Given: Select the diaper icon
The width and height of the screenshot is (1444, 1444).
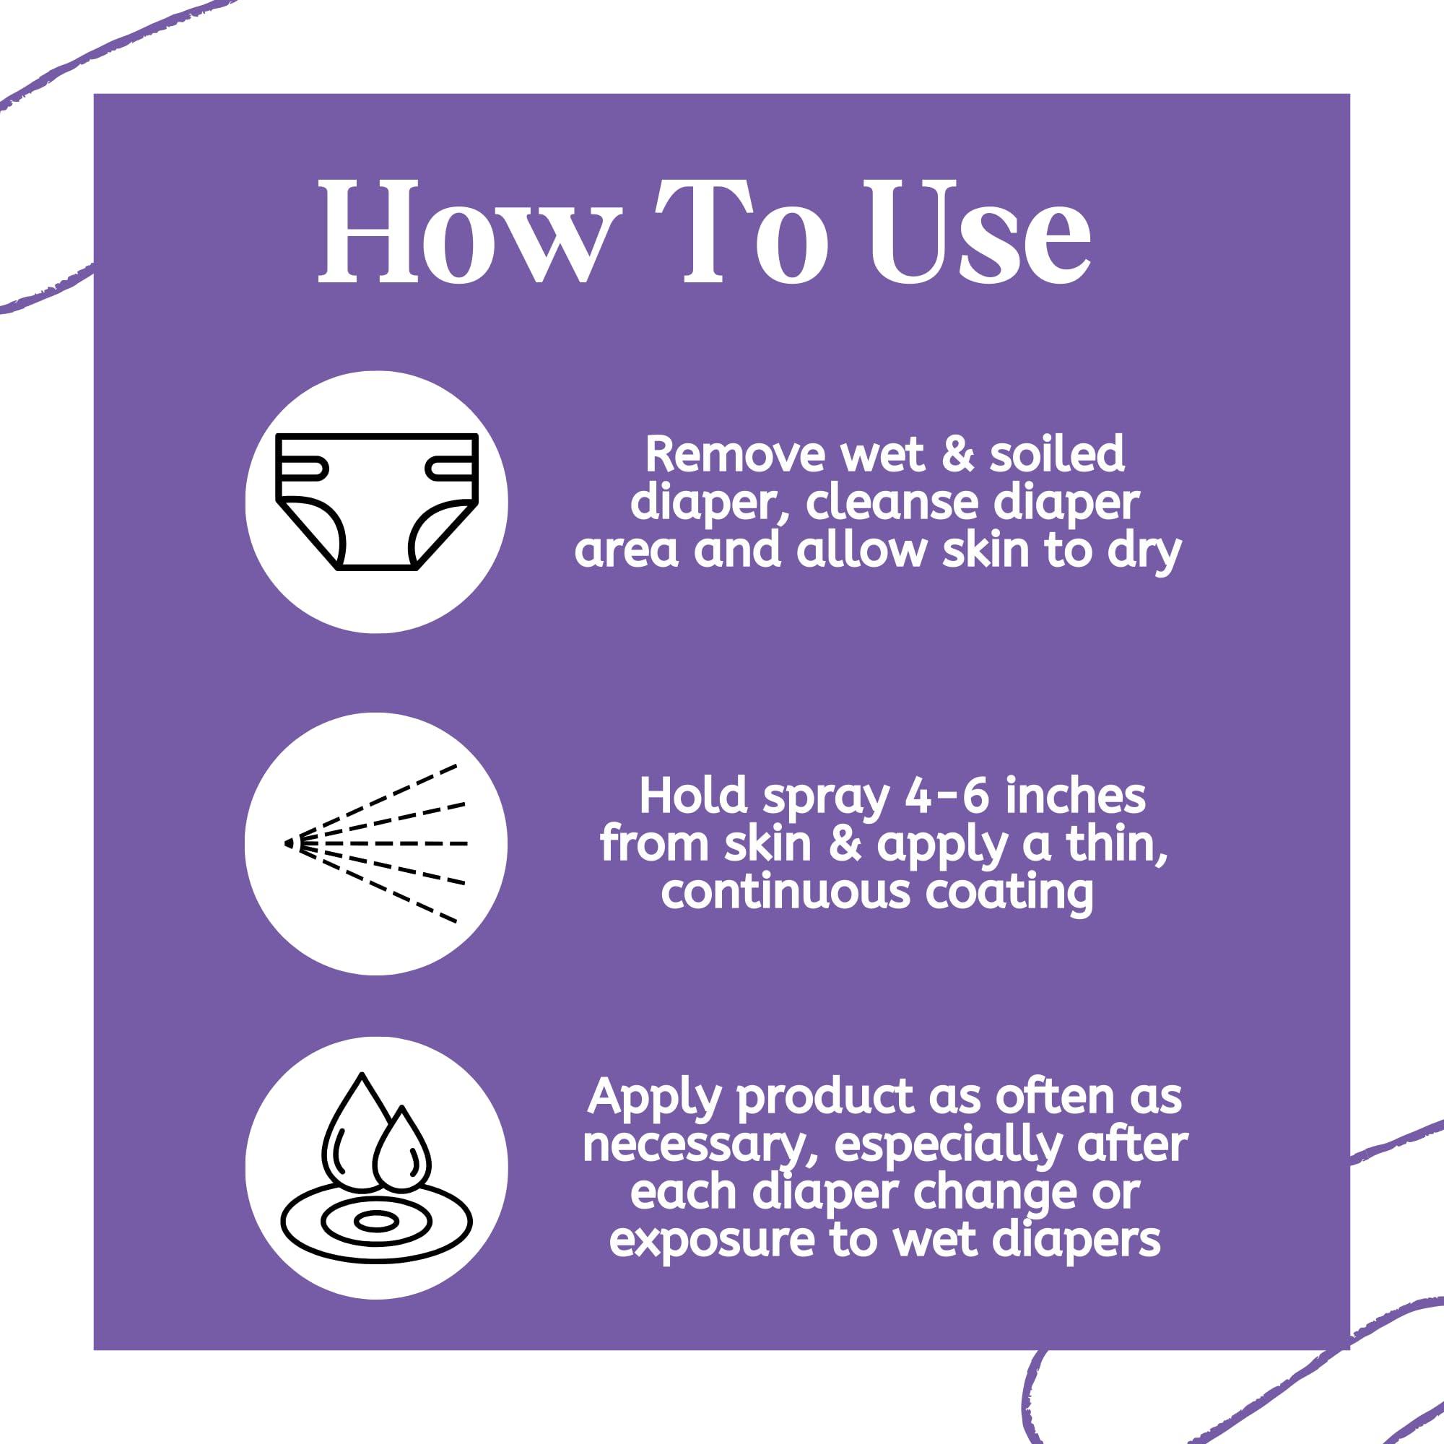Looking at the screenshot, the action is (377, 502).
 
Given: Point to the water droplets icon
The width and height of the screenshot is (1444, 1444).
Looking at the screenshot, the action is (377, 1167).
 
